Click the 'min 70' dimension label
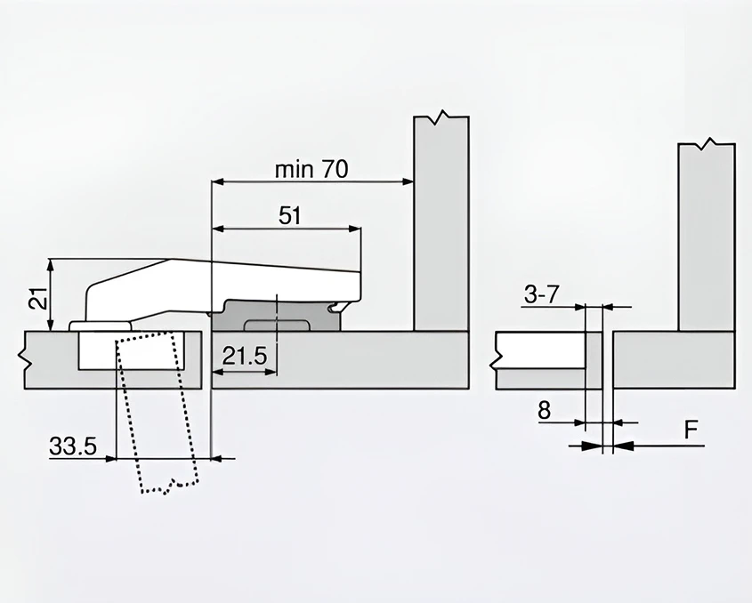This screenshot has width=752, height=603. (x=311, y=169)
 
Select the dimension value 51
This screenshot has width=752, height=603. (x=290, y=216)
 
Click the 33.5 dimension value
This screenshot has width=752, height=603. (x=73, y=447)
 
